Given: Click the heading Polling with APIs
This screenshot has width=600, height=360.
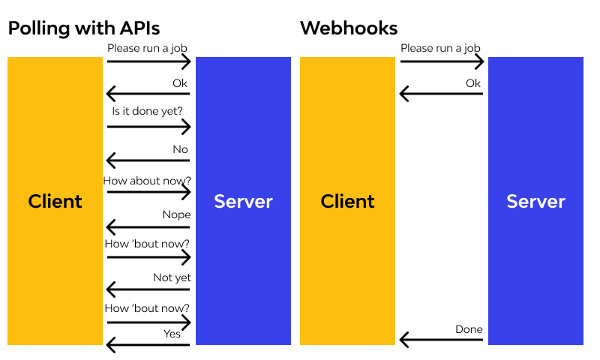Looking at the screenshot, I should pos(83,28).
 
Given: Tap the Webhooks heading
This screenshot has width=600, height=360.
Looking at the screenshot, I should pos(349,28).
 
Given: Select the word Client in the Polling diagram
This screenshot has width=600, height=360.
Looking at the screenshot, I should pos(55,201).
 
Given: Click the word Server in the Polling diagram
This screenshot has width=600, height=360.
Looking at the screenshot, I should pos(243,201).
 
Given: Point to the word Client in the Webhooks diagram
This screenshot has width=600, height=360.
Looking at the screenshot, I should pos(347,201).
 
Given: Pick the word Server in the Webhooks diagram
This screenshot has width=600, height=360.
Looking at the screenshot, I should pos(535,201).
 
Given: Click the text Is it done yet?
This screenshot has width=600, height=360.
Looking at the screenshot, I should pos(148,111).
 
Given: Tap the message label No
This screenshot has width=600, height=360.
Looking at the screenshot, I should pos(180,149).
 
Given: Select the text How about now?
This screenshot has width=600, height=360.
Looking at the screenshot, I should pos(148,181).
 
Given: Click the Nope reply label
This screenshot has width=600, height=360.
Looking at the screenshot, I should pos(176,214).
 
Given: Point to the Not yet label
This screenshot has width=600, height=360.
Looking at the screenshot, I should pos(172,277).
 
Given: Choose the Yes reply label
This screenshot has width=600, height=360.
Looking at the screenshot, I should pos(172,334).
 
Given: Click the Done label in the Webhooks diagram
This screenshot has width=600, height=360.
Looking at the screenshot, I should pos(469,329).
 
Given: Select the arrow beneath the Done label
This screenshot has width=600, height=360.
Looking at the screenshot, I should pos(441,340).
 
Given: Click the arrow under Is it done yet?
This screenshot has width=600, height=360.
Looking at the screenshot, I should pos(148,127).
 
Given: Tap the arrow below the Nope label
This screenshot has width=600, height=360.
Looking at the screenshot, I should pos(148,226).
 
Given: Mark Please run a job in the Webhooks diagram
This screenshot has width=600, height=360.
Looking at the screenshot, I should pos(440,48).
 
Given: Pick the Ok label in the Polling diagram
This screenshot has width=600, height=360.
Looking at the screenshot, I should pos(180,83).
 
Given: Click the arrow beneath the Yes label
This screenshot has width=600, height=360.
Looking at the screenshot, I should pos(148,345).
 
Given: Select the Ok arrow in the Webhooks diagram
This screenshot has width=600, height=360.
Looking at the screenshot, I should pos(441,94).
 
